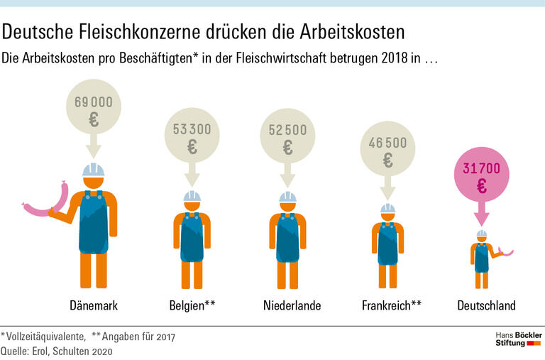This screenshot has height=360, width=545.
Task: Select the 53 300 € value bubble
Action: [x=192, y=138]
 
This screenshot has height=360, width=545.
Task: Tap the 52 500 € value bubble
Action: [x=287, y=138]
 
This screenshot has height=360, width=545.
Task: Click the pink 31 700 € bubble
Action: [x=481, y=177]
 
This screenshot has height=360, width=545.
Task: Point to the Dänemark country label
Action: [x=94, y=305]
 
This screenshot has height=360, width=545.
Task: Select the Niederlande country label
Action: [x=292, y=305]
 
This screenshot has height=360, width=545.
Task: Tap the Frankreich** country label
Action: [x=392, y=305]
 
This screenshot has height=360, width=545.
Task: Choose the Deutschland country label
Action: [x=486, y=305]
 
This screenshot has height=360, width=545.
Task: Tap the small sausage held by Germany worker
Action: [x=505, y=251]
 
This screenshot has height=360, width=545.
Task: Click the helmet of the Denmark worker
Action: [x=93, y=170]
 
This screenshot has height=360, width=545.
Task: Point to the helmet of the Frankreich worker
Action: [x=387, y=208]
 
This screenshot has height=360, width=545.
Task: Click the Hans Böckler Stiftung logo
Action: [x=517, y=339]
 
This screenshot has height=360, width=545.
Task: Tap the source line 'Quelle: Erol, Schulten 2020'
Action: [x=57, y=350]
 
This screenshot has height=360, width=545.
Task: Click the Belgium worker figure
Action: [x=192, y=238]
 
